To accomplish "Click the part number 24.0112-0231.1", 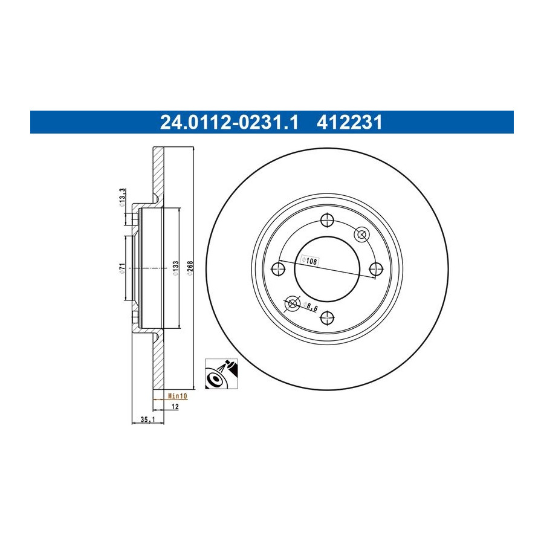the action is [229, 123].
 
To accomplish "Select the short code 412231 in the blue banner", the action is [349, 123].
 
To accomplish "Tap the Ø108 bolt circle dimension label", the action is [309, 261].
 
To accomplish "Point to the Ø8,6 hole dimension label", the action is [310, 306].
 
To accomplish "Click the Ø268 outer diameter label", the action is [190, 268].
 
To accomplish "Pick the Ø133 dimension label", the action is [175, 268].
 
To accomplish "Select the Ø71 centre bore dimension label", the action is [121, 268].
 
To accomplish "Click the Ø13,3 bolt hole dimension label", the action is [121, 198].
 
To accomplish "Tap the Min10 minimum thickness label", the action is [177, 396].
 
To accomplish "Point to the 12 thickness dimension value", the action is [175, 406].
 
